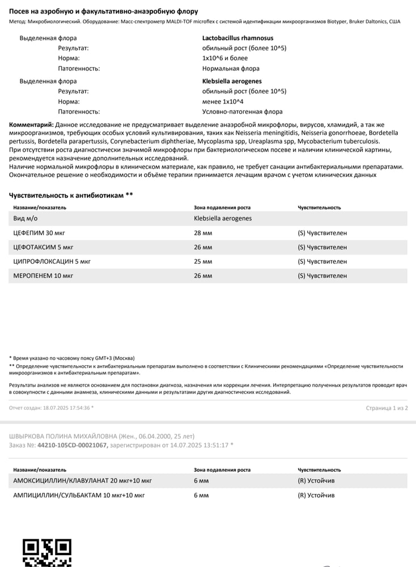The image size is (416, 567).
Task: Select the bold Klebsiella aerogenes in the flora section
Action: point(232,81)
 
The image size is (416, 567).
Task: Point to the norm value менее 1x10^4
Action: point(223,101)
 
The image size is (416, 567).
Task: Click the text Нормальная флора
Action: point(231,69)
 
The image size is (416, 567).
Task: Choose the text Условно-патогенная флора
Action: point(242,112)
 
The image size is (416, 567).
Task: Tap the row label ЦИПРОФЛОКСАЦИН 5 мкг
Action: point(52,261)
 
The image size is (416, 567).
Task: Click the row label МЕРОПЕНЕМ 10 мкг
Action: point(43,276)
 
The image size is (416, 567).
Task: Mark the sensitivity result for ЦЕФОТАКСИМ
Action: point(322,247)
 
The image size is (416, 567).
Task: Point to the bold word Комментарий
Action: point(32,125)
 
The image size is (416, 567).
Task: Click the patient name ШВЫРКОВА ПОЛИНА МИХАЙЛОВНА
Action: point(62,436)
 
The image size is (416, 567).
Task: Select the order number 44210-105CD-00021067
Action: point(72,445)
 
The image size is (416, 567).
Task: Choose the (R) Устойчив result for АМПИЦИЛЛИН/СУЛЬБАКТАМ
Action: point(316,495)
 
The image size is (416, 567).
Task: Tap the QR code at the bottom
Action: point(46,552)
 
